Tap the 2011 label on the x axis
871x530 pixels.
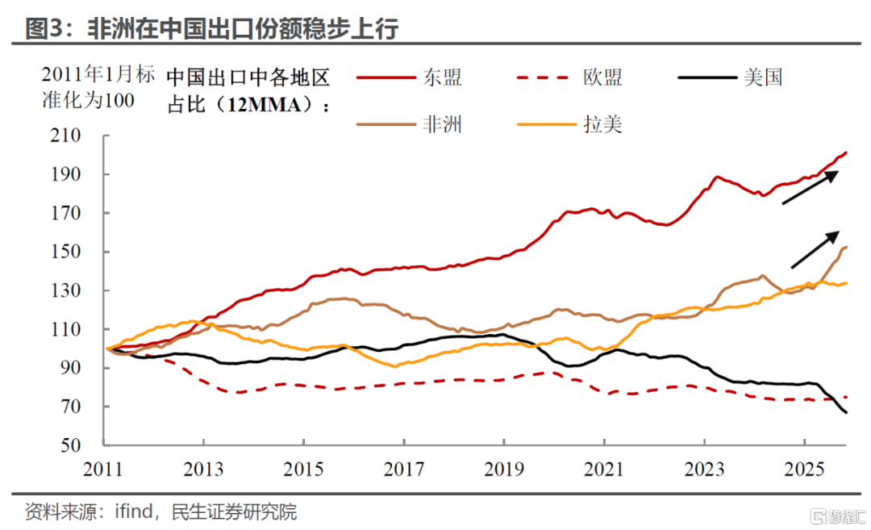click(x=104, y=468)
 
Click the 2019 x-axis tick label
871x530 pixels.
click(x=504, y=468)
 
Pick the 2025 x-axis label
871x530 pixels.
click(x=804, y=468)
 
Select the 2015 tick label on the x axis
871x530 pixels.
click(x=304, y=468)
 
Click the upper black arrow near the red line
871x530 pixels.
click(x=811, y=187)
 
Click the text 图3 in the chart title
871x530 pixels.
click(x=39, y=29)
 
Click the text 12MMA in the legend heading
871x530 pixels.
click(x=265, y=105)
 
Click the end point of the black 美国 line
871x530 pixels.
click(x=846, y=413)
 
